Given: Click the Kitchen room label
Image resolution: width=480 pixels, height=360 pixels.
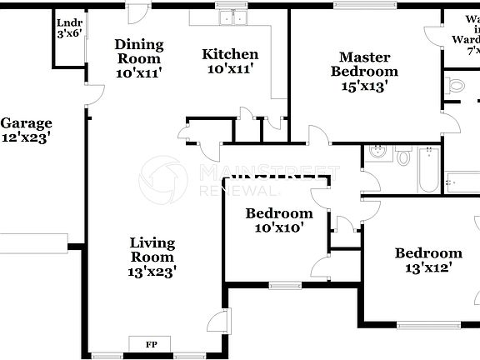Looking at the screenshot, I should point(230,54).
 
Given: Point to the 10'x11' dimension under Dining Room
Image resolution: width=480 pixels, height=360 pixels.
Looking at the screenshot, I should point(139,72).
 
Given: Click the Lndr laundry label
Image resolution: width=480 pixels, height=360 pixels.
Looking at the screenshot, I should point(67,22).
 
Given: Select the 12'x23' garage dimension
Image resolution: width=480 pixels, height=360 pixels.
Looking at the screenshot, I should point(26,137).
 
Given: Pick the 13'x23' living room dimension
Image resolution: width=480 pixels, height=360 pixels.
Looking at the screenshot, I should point(152,270).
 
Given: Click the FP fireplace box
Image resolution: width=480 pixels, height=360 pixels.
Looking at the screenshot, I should point(152,343).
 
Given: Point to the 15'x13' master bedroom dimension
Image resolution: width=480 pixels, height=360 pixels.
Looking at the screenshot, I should point(364,86).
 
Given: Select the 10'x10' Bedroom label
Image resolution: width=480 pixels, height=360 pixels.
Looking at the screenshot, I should point(279,213).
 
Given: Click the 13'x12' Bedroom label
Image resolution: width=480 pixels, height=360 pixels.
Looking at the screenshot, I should point(428,253).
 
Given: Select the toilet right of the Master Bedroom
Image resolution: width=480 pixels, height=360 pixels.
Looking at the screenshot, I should point(456,85).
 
